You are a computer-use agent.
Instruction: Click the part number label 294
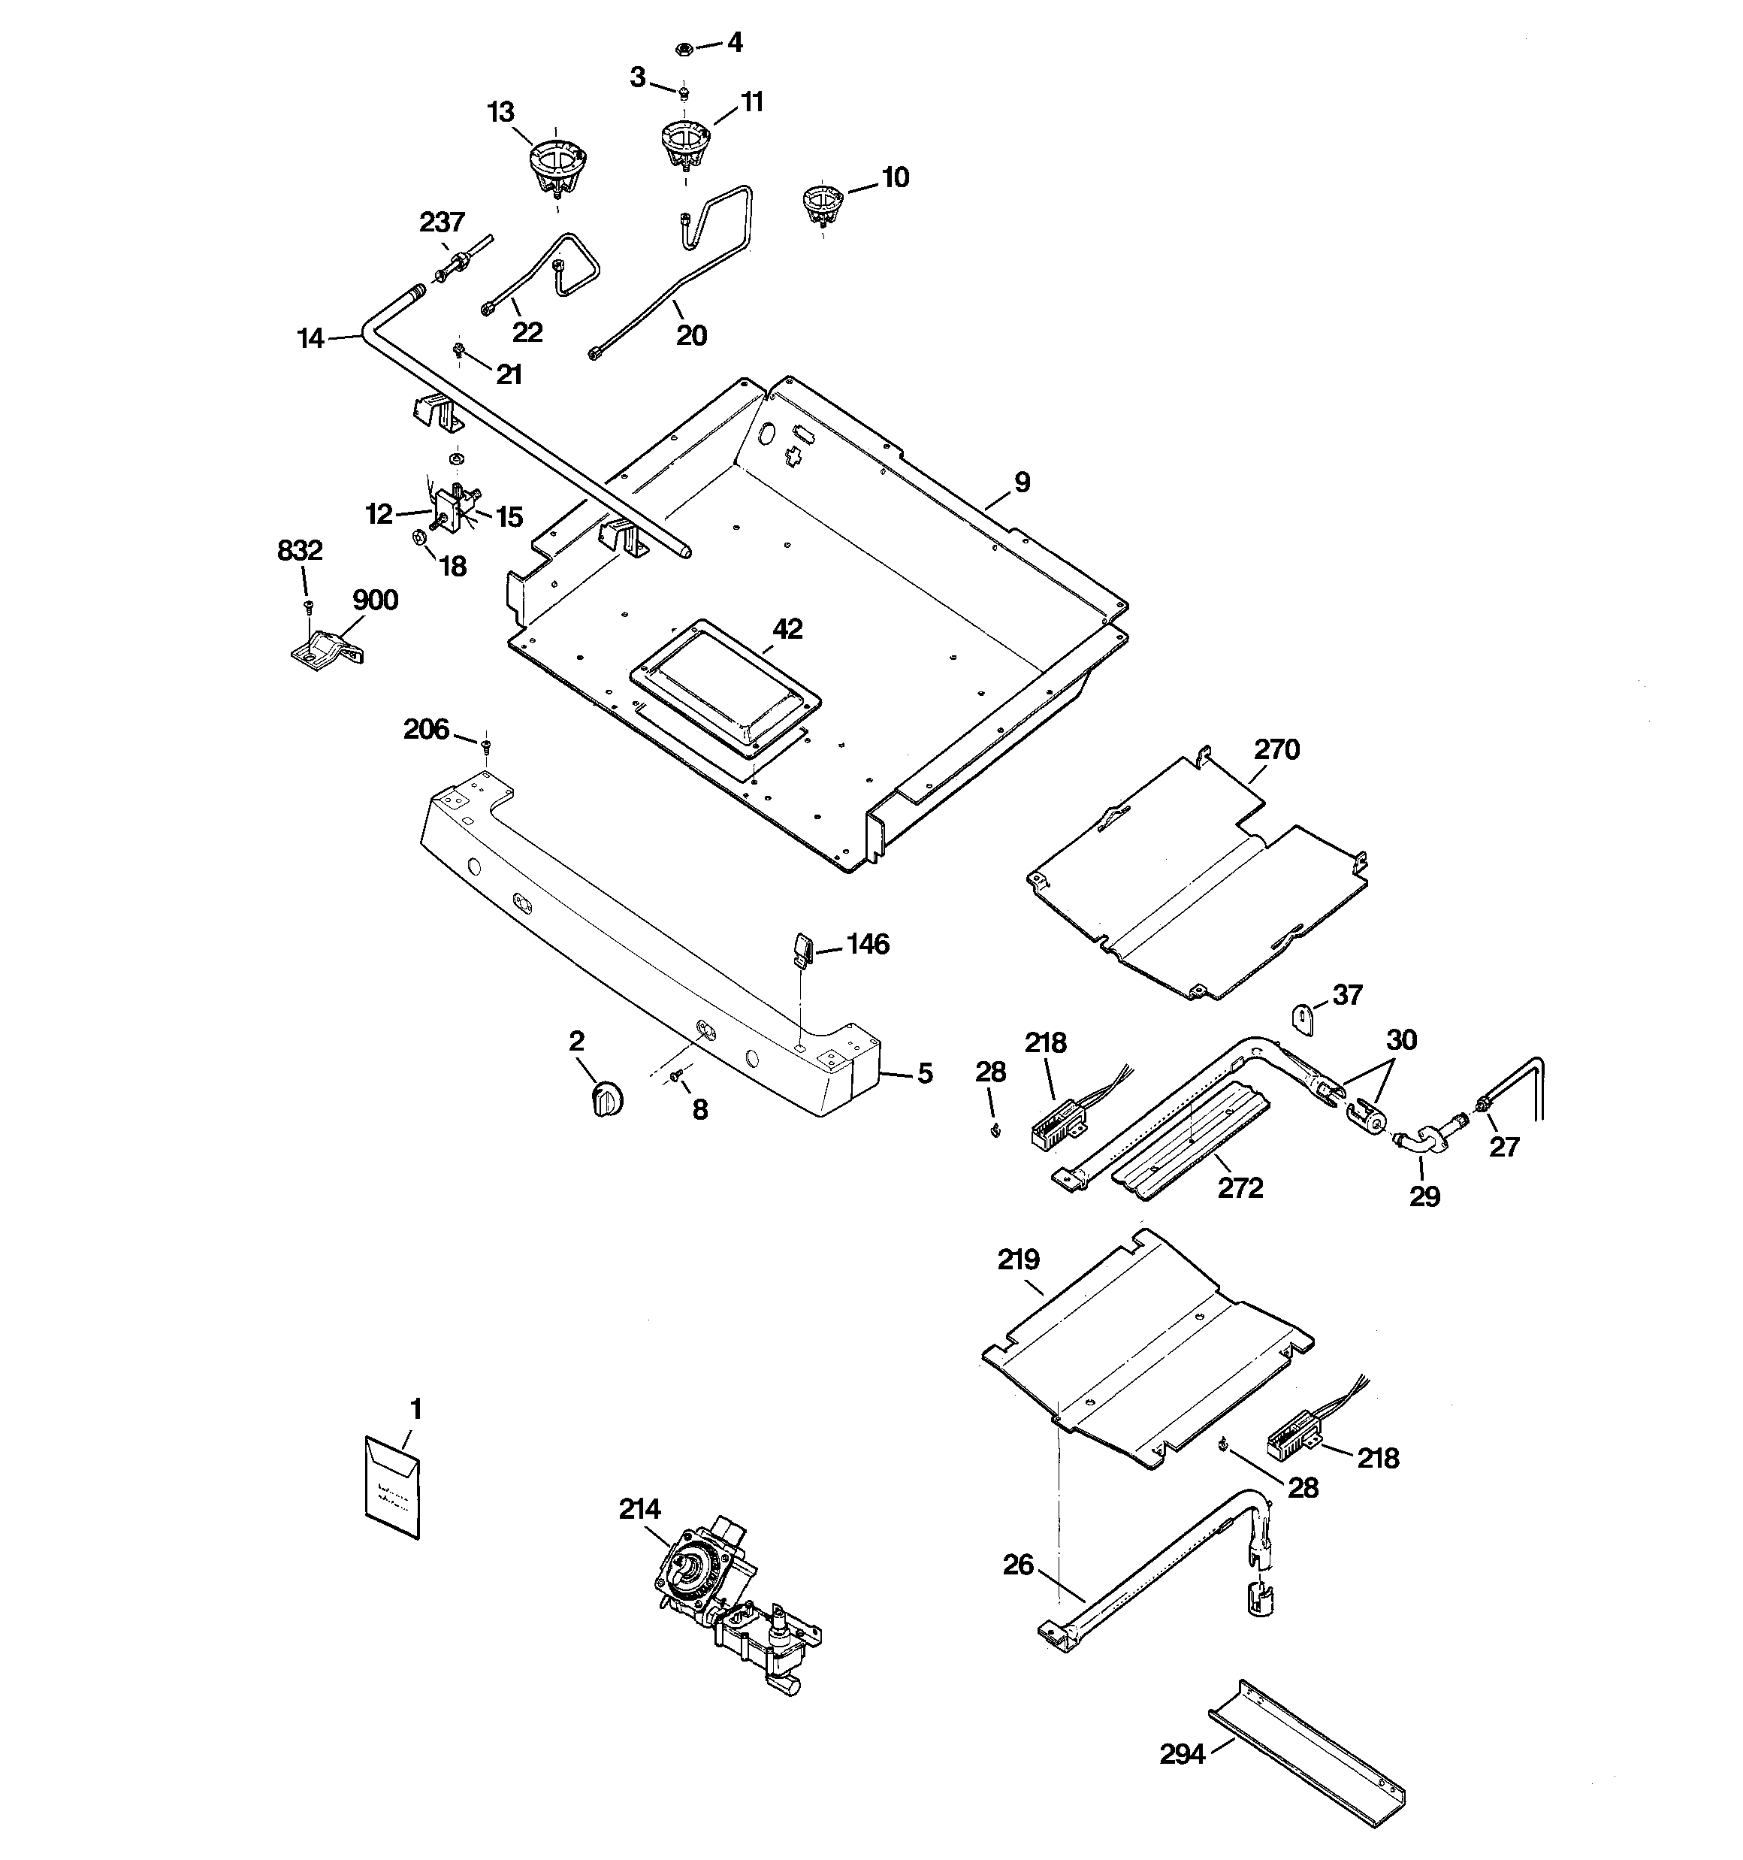coord(1182,1756)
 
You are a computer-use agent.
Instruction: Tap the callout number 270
coord(1276,749)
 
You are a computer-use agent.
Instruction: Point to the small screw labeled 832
coord(307,606)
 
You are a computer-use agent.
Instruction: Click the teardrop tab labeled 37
coord(1304,1017)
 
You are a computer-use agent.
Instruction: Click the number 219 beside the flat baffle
coord(1018,1260)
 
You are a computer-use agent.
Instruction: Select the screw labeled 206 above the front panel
coord(485,745)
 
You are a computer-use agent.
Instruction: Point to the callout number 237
coord(442,222)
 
